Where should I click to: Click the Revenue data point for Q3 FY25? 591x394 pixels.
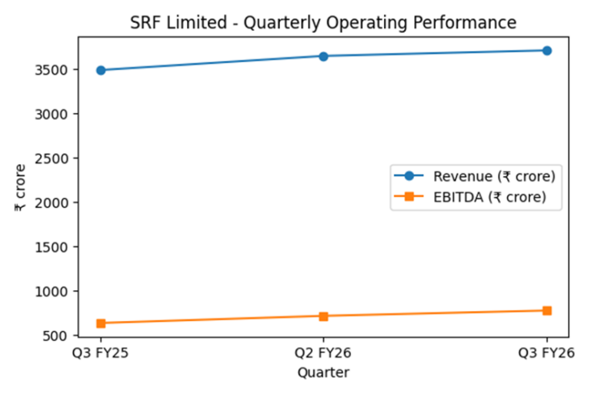(x=101, y=70)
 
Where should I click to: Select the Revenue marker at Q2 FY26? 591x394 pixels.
(x=323, y=56)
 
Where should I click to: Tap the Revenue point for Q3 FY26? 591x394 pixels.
(x=546, y=51)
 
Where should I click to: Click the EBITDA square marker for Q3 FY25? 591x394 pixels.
(x=101, y=323)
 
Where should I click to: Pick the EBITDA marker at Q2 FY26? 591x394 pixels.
(x=323, y=316)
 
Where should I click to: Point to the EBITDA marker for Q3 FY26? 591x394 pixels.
(x=546, y=311)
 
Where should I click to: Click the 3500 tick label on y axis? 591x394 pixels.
(x=55, y=69)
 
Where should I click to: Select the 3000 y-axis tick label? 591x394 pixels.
(x=55, y=114)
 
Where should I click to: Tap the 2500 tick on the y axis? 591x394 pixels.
(x=55, y=159)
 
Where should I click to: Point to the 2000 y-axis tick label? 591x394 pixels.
(x=55, y=202)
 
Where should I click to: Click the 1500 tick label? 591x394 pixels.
(x=55, y=247)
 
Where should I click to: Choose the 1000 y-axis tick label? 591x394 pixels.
(x=55, y=292)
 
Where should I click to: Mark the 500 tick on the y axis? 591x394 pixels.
(x=59, y=336)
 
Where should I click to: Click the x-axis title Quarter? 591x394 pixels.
(x=323, y=373)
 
